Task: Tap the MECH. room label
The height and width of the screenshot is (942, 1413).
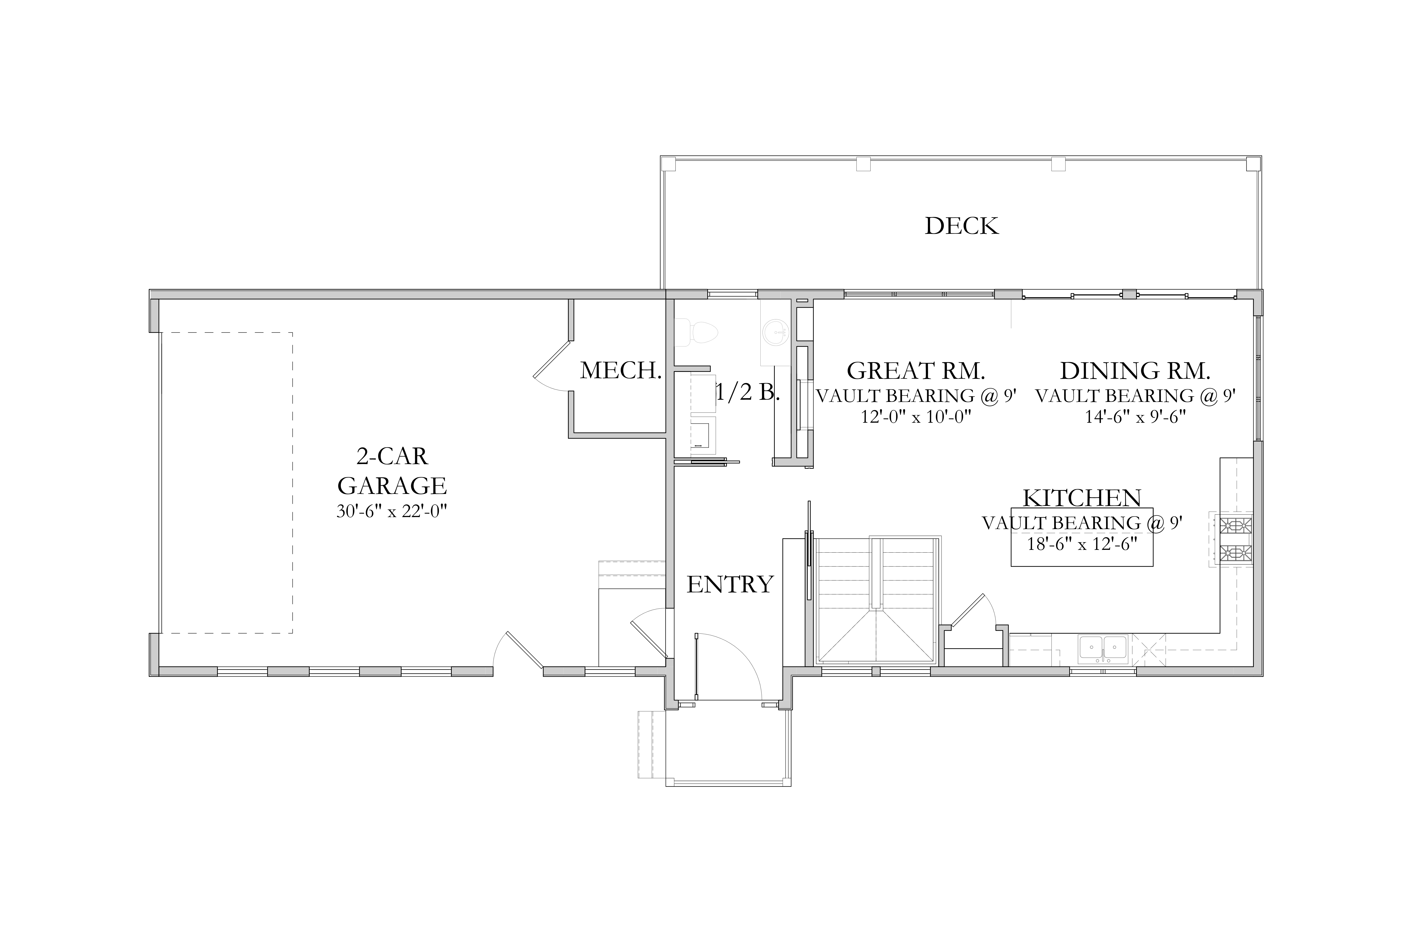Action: click(x=621, y=371)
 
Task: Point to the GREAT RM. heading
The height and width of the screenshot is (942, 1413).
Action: click(x=916, y=371)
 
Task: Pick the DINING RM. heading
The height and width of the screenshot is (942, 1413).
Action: click(x=1134, y=371)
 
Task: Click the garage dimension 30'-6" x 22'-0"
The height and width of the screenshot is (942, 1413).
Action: click(x=392, y=511)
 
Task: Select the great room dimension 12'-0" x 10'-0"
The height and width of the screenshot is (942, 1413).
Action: click(x=916, y=416)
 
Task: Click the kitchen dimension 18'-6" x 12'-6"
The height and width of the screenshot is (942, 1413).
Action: click(x=1082, y=544)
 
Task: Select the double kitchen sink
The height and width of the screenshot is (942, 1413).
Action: click(x=1103, y=648)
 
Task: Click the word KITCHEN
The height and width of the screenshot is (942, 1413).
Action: click(x=1082, y=498)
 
